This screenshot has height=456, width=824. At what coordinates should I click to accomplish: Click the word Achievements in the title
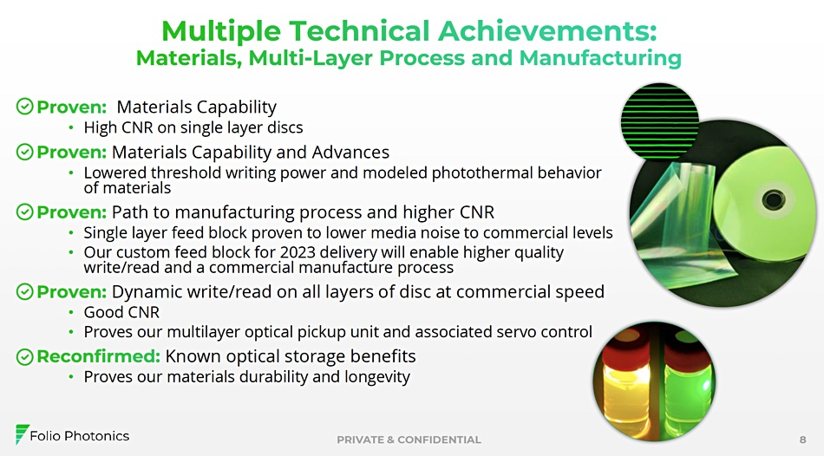[547, 30]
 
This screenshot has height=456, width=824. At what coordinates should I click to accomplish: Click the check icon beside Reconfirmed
[24, 356]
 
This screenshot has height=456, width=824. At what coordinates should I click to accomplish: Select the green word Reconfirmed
[98, 356]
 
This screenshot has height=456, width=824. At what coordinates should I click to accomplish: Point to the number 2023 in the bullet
[298, 252]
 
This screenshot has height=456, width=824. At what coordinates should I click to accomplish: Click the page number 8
[802, 440]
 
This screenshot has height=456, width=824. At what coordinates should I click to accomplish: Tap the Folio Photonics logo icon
[22, 434]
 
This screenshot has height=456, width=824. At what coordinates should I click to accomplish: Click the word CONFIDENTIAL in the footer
[440, 440]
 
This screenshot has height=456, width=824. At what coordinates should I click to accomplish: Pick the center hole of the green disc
[773, 199]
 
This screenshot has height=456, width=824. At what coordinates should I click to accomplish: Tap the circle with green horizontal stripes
[660, 122]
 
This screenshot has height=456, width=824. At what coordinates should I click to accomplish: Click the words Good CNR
[121, 313]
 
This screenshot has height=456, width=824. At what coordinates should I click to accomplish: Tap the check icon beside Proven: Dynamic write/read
[24, 291]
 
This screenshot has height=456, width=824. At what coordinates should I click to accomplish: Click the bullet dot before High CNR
[71, 127]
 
